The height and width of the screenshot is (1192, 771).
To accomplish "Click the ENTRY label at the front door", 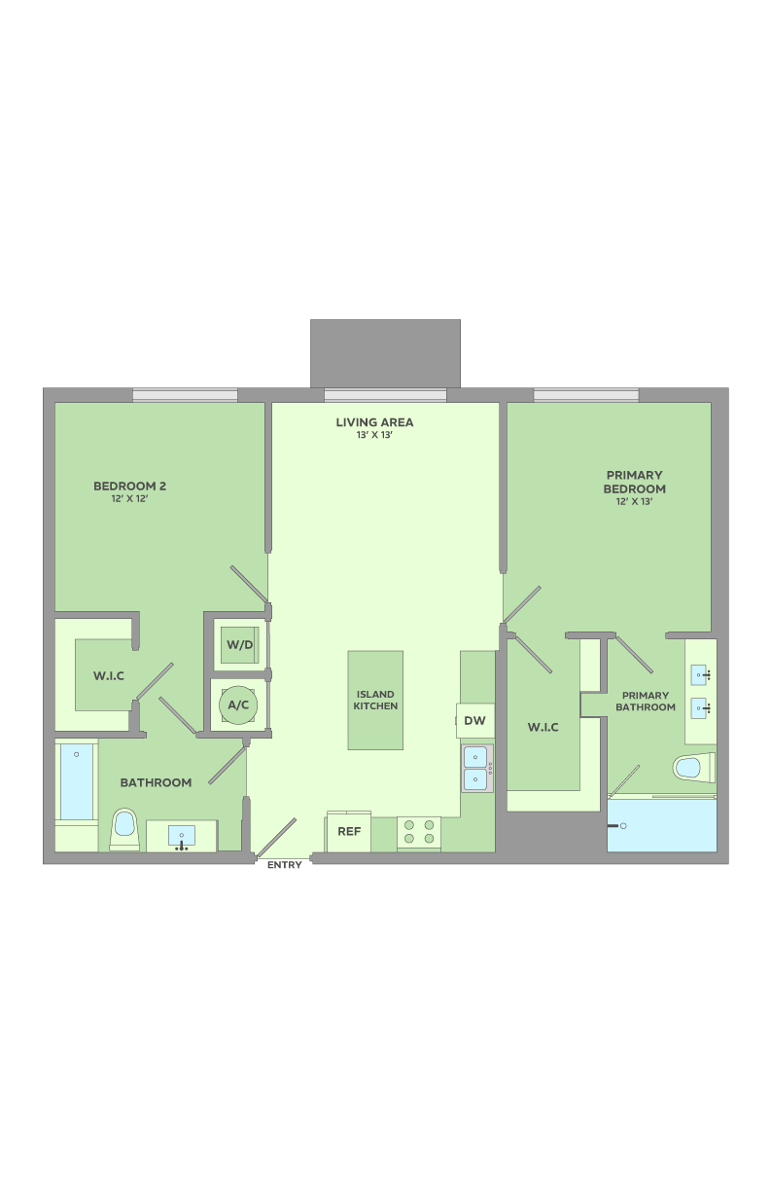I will tap(285, 865).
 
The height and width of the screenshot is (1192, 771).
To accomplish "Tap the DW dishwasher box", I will tap(474, 721).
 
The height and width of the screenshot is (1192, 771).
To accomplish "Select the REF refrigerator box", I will tap(349, 832).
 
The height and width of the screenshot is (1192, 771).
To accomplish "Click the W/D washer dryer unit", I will tap(240, 645).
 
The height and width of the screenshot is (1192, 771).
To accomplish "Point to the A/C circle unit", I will tap(238, 704).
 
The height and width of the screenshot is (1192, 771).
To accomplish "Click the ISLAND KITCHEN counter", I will tap(375, 701).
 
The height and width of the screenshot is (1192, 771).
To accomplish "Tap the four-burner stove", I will tap(419, 832).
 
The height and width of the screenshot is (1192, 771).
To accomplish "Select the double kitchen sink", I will tap(475, 769).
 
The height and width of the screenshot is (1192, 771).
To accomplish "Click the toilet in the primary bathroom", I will tap(693, 768).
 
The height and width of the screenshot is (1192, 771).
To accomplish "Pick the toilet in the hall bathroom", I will tap(124, 828).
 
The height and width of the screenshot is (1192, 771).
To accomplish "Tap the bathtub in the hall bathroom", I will tap(77, 783).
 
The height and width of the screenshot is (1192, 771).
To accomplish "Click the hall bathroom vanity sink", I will tap(182, 836).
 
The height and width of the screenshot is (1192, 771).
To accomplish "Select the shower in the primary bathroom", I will tap(662, 825).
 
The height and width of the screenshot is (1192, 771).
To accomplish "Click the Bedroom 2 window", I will tap(185, 395).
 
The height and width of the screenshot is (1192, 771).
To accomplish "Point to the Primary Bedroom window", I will tap(586, 395).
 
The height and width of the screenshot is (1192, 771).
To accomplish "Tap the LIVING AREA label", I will tap(374, 422).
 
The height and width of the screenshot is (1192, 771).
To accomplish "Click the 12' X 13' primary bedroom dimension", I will tap(634, 502).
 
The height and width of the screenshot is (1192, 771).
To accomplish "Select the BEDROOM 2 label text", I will tap(129, 486).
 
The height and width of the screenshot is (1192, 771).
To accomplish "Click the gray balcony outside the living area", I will tap(385, 353).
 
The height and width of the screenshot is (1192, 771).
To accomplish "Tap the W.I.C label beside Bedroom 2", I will tap(109, 676).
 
